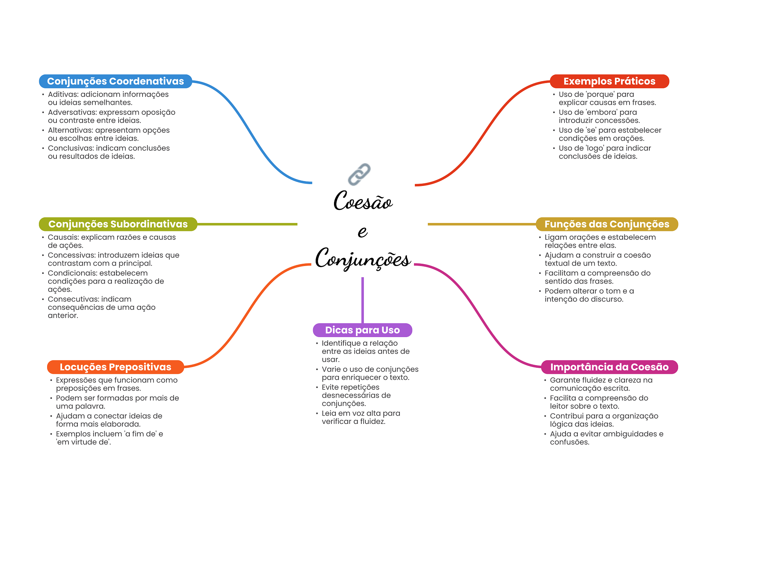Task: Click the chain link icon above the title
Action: click(359, 174)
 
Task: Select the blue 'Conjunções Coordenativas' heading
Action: click(116, 81)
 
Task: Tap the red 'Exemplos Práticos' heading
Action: click(609, 81)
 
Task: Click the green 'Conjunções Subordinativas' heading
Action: click(118, 224)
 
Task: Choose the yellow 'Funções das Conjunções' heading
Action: click(607, 224)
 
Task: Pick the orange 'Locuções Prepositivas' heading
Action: click(116, 367)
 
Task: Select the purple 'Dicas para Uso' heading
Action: click(362, 330)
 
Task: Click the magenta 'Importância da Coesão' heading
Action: click(609, 367)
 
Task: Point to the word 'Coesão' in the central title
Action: click(363, 201)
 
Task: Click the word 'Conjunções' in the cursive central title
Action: click(363, 258)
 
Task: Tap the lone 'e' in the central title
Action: click(362, 232)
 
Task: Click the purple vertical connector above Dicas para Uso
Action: click(362, 300)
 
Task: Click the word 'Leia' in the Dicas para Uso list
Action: click(329, 413)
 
